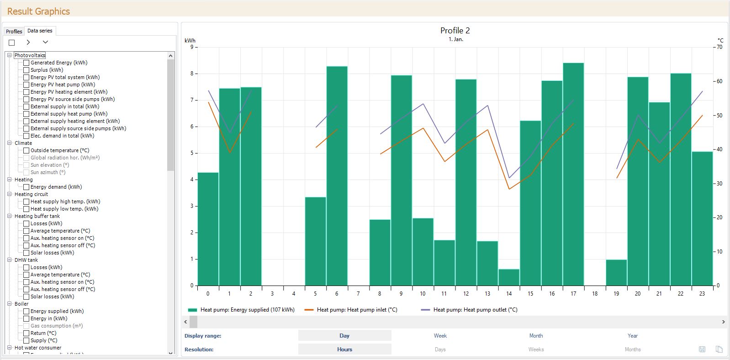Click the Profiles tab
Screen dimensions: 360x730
14,31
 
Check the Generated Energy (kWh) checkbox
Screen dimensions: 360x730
26,63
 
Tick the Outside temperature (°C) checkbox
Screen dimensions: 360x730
26,150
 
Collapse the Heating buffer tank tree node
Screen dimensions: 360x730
9,216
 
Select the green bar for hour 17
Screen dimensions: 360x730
573,174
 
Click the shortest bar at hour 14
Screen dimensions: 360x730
509,277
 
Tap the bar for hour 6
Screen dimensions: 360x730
337,176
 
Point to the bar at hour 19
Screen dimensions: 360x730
616,273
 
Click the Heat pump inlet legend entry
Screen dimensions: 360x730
357,310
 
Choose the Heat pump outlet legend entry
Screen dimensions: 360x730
475,310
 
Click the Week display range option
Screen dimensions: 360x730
440,336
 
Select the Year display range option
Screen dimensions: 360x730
632,336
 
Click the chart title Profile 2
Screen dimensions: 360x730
455,31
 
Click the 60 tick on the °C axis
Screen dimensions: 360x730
719,81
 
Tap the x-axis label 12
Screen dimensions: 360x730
466,294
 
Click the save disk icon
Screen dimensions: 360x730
702,349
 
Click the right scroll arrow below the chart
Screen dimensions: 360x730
723,322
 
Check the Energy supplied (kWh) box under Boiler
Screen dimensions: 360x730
26,311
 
